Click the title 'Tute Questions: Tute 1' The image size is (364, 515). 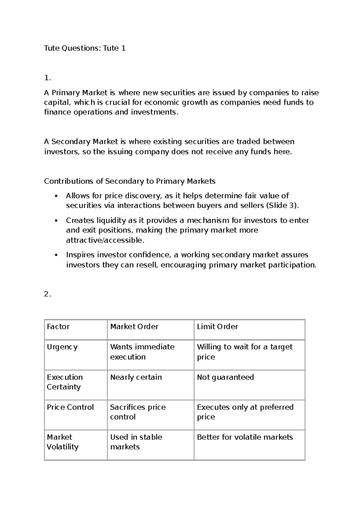coord(85,48)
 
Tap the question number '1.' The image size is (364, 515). coord(47,78)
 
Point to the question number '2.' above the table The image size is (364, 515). coord(47,294)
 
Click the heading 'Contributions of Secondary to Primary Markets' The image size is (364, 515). coord(130,181)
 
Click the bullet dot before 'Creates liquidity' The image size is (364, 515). coord(56,221)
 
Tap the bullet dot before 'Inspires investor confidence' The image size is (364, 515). coord(56,255)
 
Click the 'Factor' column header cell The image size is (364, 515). coord(58,327)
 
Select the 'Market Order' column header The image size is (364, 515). coord(134,327)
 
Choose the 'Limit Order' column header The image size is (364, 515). coord(217,327)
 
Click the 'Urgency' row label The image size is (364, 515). coord(62,347)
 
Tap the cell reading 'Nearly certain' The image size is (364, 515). coord(136,377)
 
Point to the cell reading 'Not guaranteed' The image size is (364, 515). coord(225,377)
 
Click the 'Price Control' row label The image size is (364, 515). coord(70,407)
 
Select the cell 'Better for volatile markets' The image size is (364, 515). coord(245,437)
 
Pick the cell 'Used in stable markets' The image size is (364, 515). coord(136,442)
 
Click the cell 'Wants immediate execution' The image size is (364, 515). coord(142,352)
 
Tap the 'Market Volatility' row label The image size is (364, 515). coord(62,442)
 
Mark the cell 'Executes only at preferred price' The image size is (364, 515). coord(245,412)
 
